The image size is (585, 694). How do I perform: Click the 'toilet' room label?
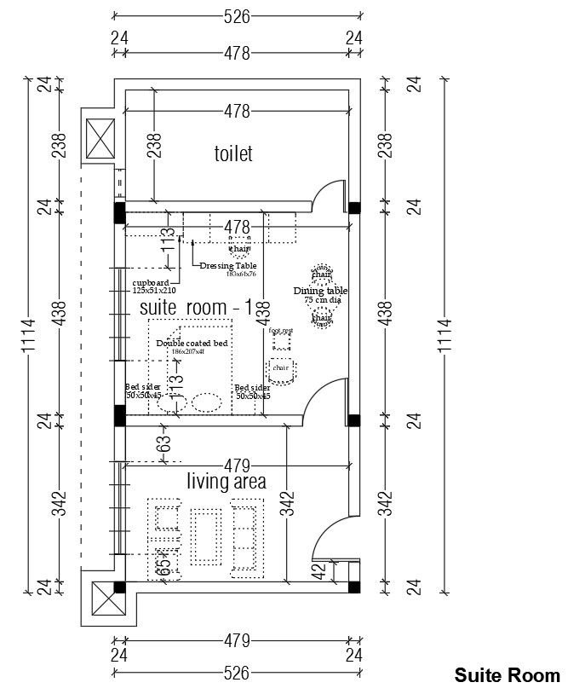233,153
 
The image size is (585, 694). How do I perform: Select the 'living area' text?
227,482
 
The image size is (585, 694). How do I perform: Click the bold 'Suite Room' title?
508,675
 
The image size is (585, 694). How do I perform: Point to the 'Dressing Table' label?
228,266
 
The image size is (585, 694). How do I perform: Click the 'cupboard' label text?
151,282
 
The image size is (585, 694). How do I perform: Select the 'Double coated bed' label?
192,343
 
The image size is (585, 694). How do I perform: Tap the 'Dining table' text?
321,291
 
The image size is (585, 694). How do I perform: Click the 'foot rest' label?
281,330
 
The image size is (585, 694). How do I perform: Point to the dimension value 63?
164,443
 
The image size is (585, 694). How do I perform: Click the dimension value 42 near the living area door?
319,572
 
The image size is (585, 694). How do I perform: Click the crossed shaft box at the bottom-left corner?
105,603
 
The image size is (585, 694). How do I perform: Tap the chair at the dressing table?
239,249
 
